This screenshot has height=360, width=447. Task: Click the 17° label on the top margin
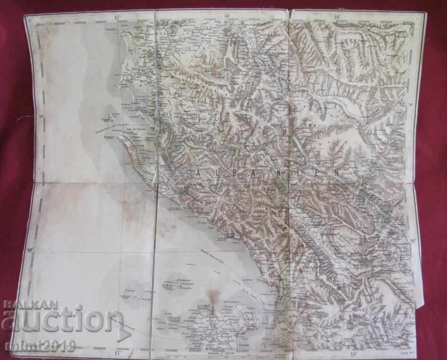(117, 17)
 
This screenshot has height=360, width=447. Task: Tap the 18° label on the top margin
(337, 17)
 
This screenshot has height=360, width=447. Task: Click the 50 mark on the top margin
(227, 17)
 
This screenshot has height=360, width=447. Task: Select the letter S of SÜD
(242, 133)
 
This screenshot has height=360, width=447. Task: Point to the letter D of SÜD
(285, 133)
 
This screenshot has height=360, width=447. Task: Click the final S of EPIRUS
(384, 313)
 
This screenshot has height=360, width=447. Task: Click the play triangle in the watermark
(124, 334)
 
